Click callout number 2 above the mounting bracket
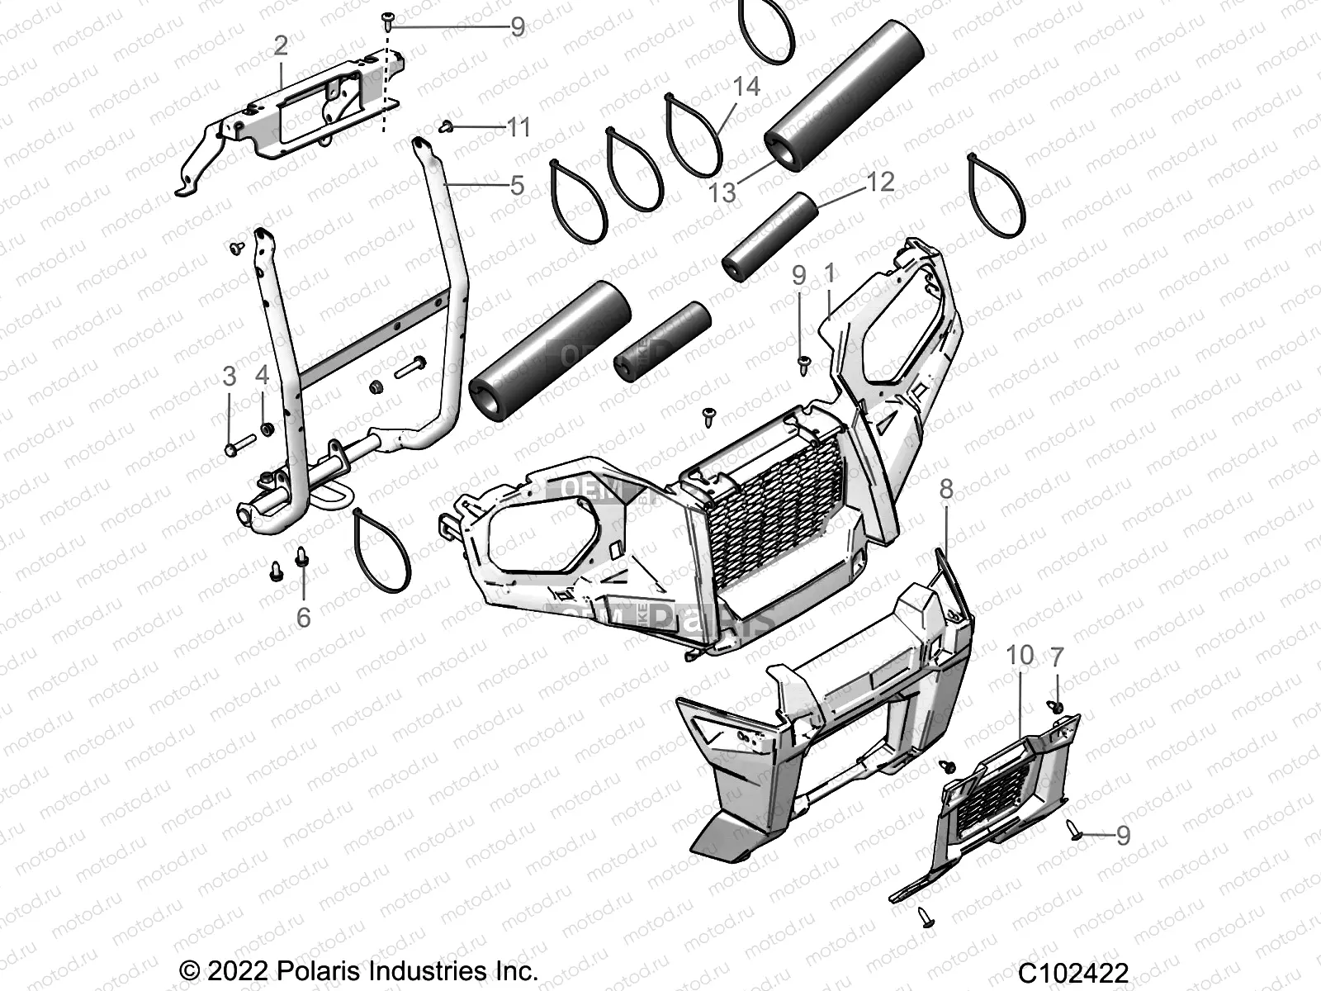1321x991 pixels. pyautogui.click(x=281, y=45)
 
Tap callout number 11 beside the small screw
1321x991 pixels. pyautogui.click(x=518, y=127)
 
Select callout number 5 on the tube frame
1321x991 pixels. pyautogui.click(x=517, y=185)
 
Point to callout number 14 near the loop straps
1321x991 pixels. pyautogui.click(x=746, y=86)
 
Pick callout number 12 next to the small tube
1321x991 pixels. pyautogui.click(x=881, y=181)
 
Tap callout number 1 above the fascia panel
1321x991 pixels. pyautogui.click(x=830, y=273)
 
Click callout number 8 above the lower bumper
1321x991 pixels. pyautogui.click(x=946, y=489)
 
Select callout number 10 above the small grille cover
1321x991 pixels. pyautogui.click(x=1020, y=655)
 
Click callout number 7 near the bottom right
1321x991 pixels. pyautogui.click(x=1057, y=657)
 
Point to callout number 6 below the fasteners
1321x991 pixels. pyautogui.click(x=303, y=616)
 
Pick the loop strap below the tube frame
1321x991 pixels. pyautogui.click(x=381, y=549)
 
